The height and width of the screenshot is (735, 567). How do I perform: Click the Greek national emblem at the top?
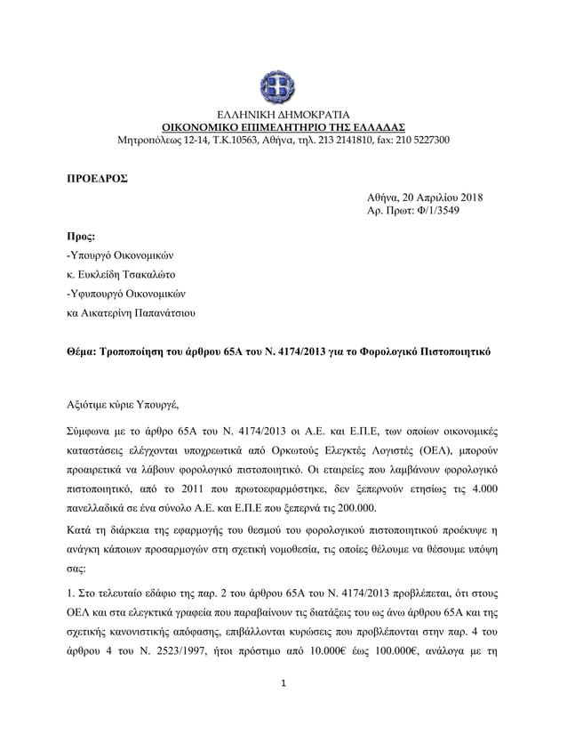[283, 86]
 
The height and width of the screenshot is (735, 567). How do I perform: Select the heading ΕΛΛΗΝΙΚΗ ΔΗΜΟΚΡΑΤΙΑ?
[283, 115]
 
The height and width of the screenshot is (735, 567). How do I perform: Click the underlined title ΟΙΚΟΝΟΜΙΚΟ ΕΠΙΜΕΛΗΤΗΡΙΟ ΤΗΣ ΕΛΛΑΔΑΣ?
[283, 127]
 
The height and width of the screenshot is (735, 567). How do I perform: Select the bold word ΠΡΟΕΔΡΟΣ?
[98, 178]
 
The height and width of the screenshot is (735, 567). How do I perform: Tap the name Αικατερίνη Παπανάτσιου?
[142, 312]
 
